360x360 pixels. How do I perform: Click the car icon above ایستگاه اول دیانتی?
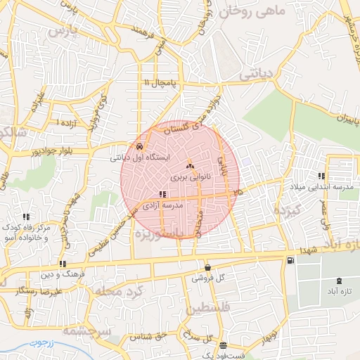141,147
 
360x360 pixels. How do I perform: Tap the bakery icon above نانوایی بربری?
190,167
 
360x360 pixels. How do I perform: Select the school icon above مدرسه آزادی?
162,193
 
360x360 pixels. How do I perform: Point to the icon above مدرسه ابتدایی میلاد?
321,175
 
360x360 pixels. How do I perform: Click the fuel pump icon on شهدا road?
290,262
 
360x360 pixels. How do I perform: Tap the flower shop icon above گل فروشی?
207,267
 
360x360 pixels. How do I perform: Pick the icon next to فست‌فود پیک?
223,345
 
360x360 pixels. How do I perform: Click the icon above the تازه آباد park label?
340,281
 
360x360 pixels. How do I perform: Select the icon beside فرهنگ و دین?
63,264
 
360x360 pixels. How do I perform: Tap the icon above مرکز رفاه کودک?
27,217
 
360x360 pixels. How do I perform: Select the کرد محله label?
113,290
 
